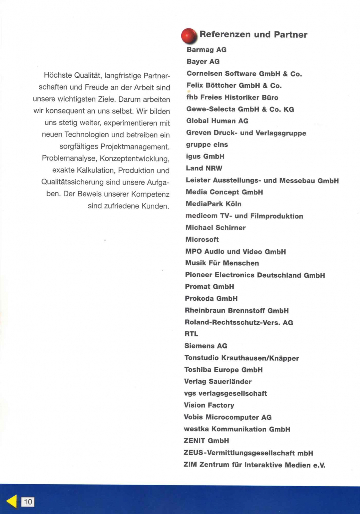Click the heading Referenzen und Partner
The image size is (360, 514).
click(253, 34)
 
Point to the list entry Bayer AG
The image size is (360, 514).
click(203, 61)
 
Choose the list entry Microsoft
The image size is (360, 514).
click(202, 239)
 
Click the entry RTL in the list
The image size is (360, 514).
click(192, 334)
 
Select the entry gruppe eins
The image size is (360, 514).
click(206, 144)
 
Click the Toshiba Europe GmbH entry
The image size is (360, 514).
click(224, 370)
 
